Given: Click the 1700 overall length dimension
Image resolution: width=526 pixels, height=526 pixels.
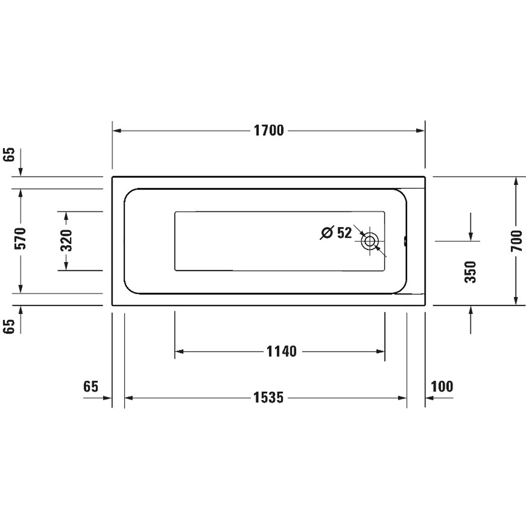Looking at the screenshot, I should pyautogui.click(x=269, y=130).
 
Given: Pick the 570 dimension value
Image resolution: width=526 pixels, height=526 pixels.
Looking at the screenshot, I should pyautogui.click(x=21, y=240).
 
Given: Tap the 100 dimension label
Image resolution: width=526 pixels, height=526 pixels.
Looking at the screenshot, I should pyautogui.click(x=442, y=387).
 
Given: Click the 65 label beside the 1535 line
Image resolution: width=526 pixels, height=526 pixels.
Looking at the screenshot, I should pyautogui.click(x=90, y=387).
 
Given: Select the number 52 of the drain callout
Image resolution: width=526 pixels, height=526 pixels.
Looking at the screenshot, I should pyautogui.click(x=344, y=232).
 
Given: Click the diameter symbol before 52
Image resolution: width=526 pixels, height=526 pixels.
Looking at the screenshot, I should pyautogui.click(x=327, y=232).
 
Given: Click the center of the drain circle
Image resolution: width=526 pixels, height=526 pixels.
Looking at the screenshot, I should pyautogui.click(x=370, y=241).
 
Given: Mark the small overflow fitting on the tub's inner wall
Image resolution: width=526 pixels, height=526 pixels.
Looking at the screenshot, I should pyautogui.click(x=405, y=241).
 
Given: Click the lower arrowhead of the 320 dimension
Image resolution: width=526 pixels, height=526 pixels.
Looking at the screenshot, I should pyautogui.click(x=66, y=267).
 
